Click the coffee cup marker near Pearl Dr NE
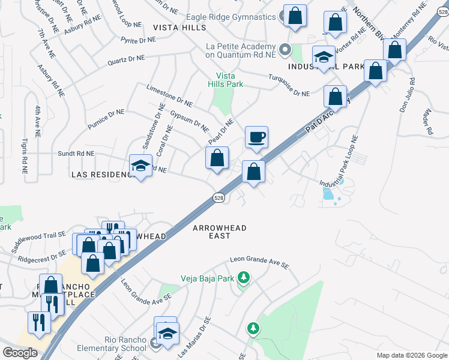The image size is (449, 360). (256, 137)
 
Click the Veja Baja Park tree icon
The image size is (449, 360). (243, 277)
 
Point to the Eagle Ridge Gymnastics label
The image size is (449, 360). (229, 17)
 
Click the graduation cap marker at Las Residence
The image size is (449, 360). (140, 166)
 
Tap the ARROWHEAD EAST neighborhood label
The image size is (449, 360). (220, 232)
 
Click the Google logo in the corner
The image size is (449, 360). (20, 352)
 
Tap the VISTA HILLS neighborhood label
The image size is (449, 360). (179, 28)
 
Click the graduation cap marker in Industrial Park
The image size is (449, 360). (324, 57)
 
